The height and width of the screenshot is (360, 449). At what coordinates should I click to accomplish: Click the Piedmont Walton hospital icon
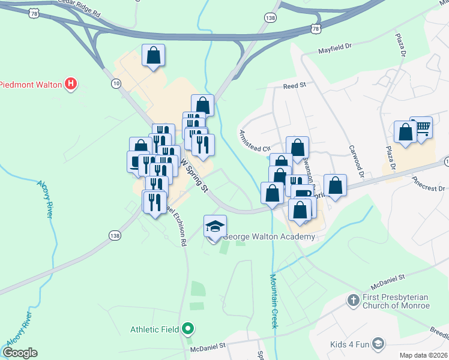click(x=71, y=84)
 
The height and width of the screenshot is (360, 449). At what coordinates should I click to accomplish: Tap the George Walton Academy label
click(x=269, y=237)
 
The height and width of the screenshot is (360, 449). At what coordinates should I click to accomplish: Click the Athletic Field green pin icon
click(x=188, y=329)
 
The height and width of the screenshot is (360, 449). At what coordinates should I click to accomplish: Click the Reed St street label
click(x=295, y=86)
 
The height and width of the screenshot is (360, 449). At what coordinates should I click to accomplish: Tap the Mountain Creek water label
click(x=273, y=301)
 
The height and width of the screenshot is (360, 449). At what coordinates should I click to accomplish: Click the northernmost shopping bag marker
click(x=154, y=56)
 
